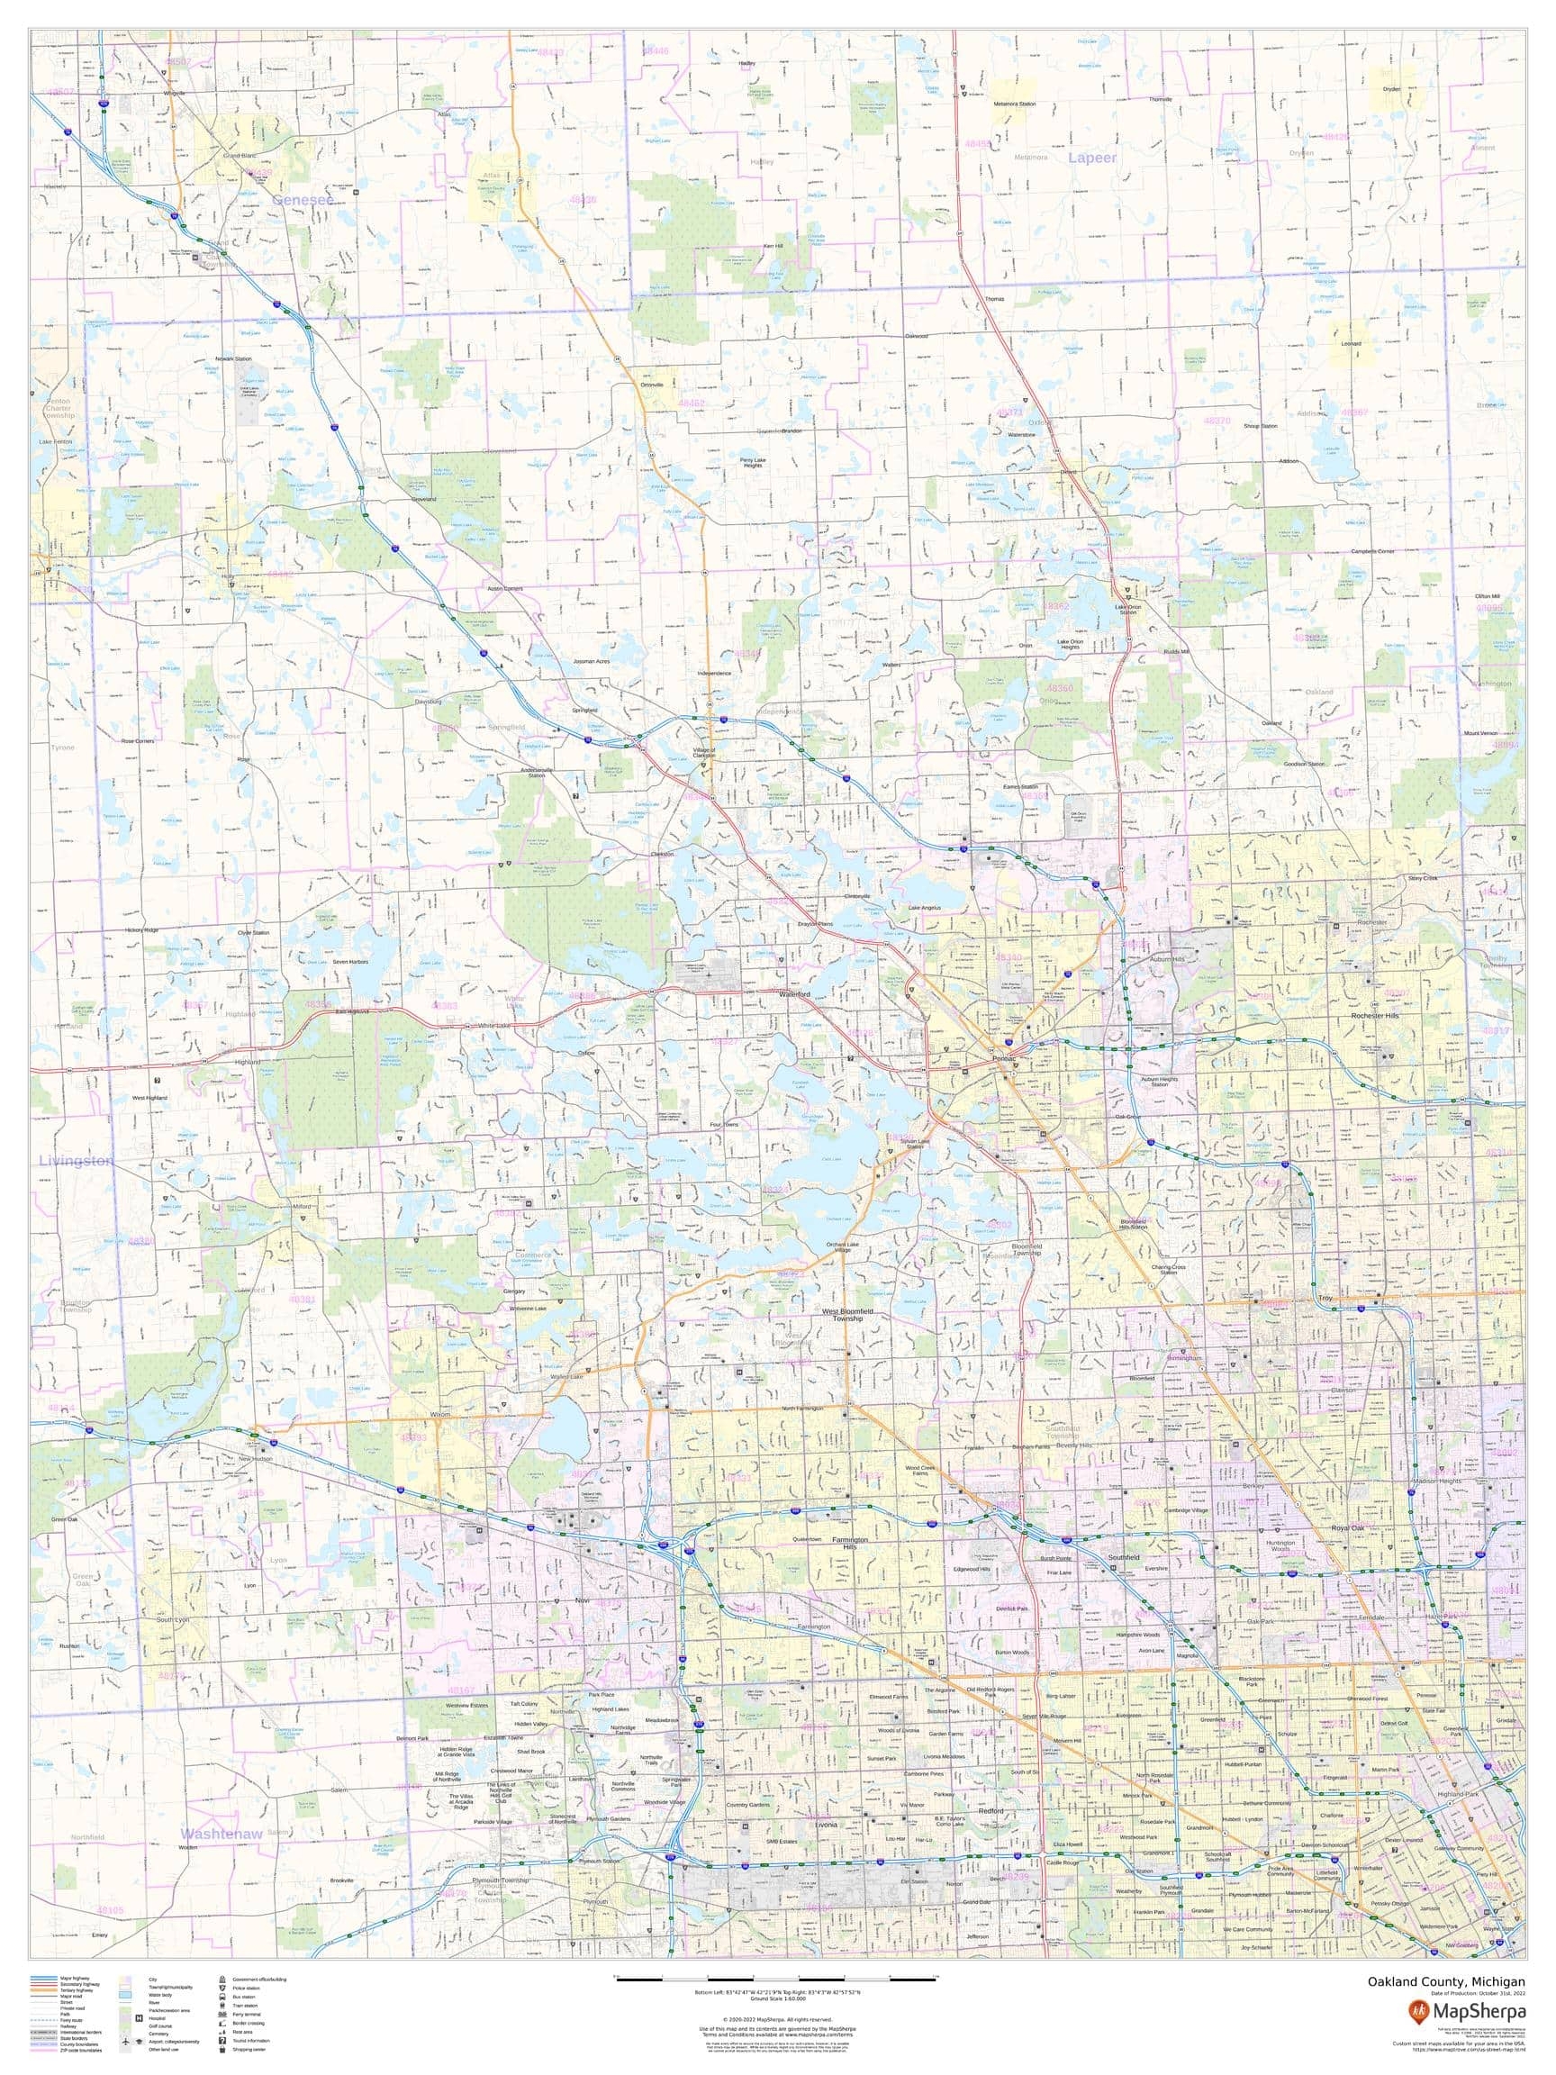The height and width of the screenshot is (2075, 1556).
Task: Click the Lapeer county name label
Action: [1091, 158]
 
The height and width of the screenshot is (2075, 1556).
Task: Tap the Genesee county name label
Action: [303, 200]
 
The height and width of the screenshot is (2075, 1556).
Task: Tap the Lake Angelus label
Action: [924, 907]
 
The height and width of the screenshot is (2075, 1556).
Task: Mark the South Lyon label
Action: [173, 1620]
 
